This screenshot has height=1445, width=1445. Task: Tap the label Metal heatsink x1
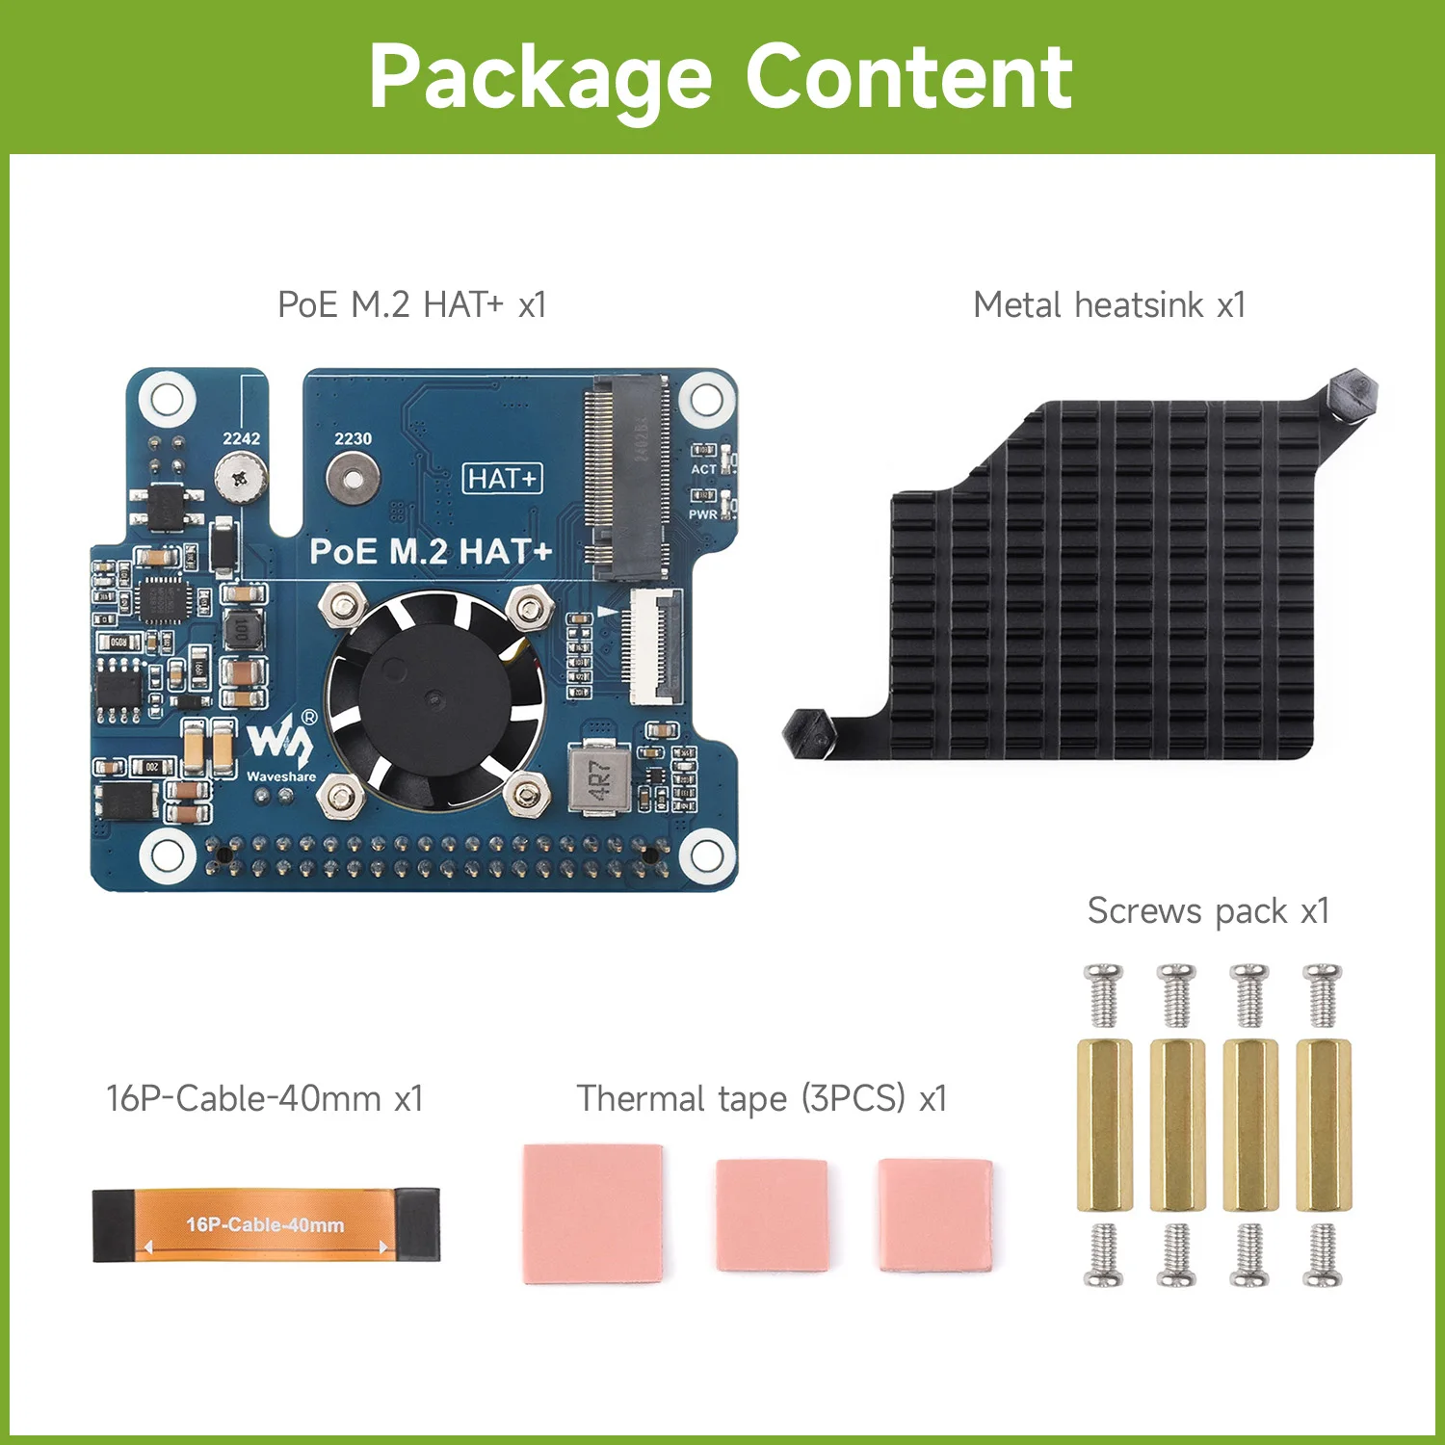pos(1109,305)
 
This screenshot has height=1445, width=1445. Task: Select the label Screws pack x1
pos(1208,910)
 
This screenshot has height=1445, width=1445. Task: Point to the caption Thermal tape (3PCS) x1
pos(762,1098)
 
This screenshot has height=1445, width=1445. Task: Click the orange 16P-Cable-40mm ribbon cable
pos(265,1224)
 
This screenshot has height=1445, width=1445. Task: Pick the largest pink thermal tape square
pos(592,1213)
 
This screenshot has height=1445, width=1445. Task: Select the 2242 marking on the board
pos(242,438)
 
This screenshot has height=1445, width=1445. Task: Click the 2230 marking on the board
pos(353,438)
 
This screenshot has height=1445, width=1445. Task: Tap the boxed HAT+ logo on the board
pos(503,479)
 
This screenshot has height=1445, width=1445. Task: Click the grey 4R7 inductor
pos(598,778)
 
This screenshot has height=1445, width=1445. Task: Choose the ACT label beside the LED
pos(703,469)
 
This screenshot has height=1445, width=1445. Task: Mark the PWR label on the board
pos(702,514)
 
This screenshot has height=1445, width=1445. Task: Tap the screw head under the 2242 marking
pos(241,477)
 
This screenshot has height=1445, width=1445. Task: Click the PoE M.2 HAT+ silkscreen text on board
pos(431,552)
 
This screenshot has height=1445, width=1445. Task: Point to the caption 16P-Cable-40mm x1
pos(264,1098)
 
